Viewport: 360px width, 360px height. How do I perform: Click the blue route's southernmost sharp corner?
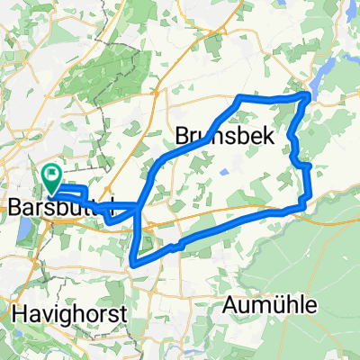(134, 264)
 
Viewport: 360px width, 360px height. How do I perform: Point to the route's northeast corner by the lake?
(309, 94)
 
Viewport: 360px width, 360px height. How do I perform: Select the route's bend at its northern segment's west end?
(238, 97)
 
